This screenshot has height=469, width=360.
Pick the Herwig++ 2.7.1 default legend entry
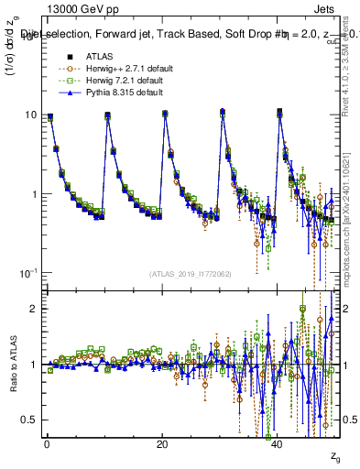(113, 69)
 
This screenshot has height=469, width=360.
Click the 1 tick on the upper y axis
(34, 194)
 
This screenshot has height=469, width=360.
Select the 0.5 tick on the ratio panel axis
(30, 420)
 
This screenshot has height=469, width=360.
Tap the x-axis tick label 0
(47, 444)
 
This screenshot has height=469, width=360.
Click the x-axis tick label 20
(162, 444)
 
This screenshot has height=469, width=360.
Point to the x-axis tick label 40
(278, 444)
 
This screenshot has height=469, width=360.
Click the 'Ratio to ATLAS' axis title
(12, 366)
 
